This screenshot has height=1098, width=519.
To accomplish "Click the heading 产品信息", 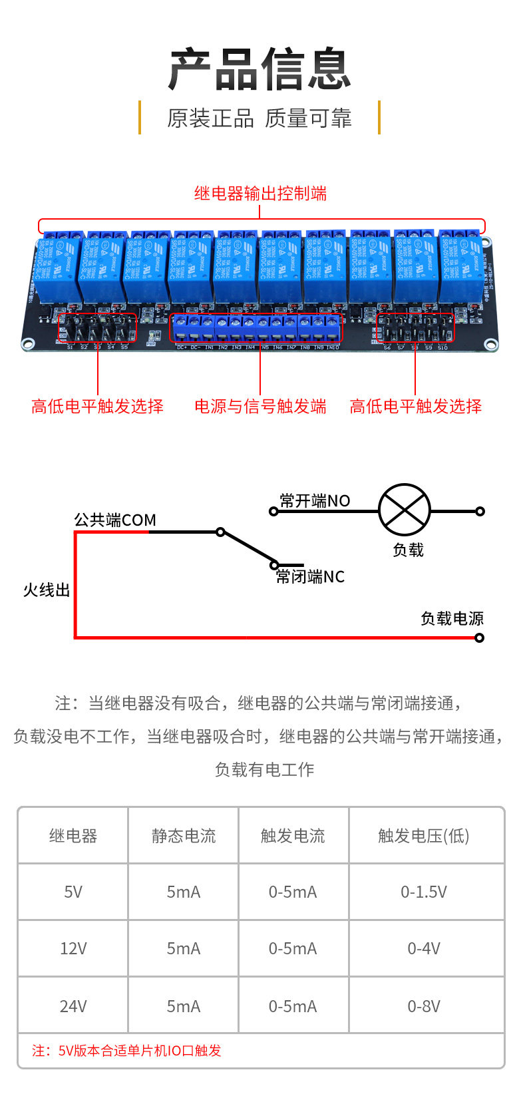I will click(x=259, y=69).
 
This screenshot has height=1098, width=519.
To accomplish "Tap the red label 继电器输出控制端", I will click(x=260, y=194).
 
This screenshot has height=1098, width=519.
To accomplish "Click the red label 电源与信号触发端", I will click(x=260, y=407).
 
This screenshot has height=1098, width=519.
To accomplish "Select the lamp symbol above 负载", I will click(x=405, y=510).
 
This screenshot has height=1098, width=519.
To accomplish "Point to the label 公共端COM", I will click(x=115, y=520).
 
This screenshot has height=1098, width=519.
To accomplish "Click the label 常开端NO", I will click(x=315, y=500).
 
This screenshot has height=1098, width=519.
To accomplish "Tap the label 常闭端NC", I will click(x=310, y=576).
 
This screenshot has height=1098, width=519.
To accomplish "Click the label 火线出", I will click(x=47, y=590).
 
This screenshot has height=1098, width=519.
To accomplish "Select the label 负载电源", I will click(x=452, y=618).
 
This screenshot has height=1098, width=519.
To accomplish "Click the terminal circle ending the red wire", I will click(x=480, y=638).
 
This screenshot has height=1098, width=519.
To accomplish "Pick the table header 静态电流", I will click(x=184, y=836).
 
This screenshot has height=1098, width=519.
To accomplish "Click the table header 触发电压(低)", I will click(x=424, y=836).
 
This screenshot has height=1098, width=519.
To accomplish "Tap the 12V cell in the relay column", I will click(x=73, y=948).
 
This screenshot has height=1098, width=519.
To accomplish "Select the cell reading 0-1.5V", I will click(x=424, y=892).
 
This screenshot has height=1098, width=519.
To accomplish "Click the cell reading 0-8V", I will click(x=424, y=1006).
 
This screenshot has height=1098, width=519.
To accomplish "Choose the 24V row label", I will click(x=73, y=1006).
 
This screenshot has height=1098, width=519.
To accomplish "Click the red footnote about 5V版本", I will click(x=126, y=1051).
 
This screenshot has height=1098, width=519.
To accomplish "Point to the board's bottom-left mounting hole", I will click(x=28, y=344).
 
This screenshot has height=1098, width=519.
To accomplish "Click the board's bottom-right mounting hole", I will click(x=490, y=345).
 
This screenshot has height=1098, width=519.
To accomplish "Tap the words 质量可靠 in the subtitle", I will click(x=308, y=118).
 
